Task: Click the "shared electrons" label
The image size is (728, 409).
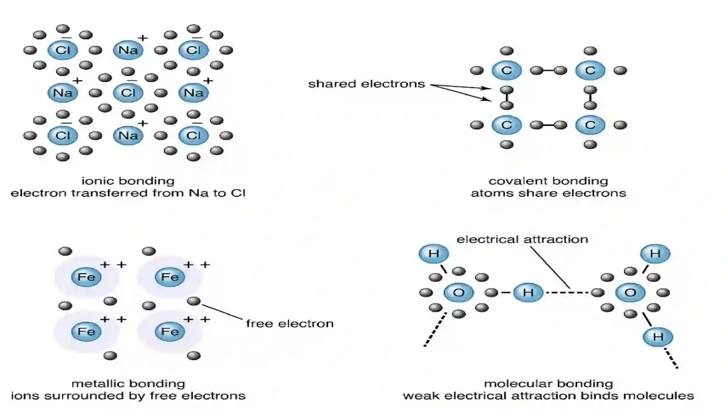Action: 366,84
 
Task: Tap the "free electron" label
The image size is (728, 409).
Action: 289,323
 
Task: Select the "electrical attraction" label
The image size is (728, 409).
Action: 522,239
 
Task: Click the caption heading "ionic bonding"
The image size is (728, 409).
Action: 128,181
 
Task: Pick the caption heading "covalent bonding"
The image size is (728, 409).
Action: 548,181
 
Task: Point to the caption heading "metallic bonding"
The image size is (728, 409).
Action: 128,384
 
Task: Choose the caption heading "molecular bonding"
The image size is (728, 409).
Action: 549,384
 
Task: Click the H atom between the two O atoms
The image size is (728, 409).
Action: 528,293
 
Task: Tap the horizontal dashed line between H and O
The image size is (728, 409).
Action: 567,293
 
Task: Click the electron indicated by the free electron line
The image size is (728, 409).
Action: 194,301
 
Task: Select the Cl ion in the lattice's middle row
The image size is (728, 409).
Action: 128,93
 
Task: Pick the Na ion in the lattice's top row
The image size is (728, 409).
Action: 128,50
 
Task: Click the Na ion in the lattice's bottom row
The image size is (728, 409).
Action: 128,136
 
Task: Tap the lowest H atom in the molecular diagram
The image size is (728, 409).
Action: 658,337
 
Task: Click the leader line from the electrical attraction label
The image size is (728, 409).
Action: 550,268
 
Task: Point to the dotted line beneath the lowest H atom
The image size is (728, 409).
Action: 671,359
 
